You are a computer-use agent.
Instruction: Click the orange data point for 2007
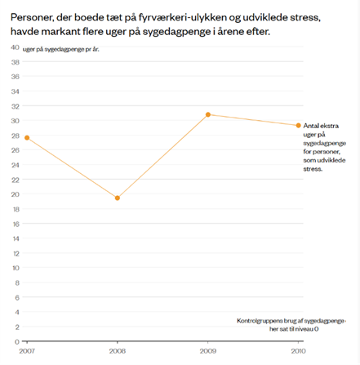(x=27, y=138)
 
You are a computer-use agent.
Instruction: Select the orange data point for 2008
(x=118, y=198)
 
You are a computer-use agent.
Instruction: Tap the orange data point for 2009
(x=208, y=115)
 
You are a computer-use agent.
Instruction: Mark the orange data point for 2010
(x=298, y=125)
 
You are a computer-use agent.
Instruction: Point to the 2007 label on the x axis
(x=27, y=350)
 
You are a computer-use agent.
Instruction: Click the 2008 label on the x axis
(x=118, y=350)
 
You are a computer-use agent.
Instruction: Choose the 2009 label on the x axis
(x=208, y=350)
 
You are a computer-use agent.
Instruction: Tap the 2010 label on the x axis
(x=298, y=350)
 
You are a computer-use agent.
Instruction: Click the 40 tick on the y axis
(x=16, y=47)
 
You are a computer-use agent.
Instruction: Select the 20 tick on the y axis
(x=16, y=194)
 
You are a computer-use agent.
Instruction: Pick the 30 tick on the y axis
(x=16, y=121)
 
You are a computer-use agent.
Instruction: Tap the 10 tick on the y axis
(x=16, y=268)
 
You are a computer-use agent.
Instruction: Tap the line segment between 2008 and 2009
(x=163, y=156)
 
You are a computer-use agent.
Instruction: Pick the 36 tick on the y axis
(x=16, y=77)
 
